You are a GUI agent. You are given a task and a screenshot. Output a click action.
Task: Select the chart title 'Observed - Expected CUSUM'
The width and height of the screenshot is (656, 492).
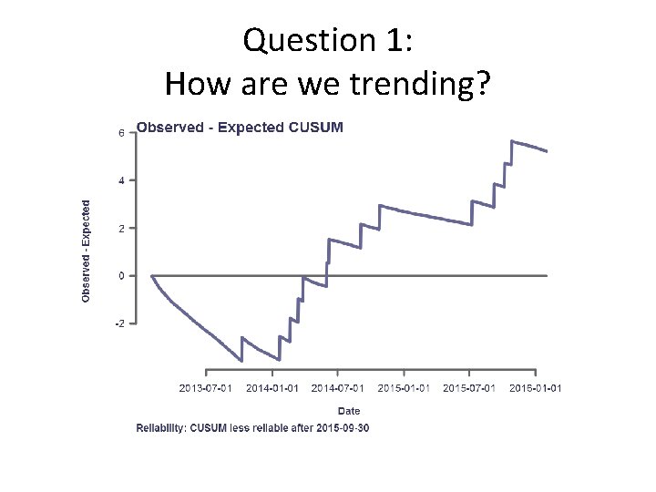click(240, 128)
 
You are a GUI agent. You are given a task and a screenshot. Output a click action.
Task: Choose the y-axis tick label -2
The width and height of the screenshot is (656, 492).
click(119, 323)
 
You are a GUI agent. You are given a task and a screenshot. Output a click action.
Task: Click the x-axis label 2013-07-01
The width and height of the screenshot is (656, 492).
click(206, 388)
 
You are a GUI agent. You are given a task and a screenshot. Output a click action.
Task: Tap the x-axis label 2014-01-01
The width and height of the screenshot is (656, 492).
click(272, 388)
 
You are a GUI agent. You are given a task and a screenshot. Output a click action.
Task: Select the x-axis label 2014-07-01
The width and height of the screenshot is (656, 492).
click(338, 388)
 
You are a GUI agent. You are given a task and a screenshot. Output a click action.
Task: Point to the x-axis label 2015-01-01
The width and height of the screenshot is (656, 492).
click(404, 388)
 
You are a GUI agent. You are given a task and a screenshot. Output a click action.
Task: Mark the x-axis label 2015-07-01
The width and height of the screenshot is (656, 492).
click(470, 388)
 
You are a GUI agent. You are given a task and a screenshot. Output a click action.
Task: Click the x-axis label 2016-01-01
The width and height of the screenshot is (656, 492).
click(536, 388)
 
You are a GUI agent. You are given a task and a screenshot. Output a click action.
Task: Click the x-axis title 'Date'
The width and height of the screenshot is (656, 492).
click(349, 411)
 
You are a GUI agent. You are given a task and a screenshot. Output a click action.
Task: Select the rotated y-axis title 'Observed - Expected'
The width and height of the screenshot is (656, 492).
click(87, 251)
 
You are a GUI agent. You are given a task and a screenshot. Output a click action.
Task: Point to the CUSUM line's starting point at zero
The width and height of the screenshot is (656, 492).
click(152, 275)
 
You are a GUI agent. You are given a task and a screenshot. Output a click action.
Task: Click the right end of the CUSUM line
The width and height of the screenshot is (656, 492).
click(547, 151)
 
